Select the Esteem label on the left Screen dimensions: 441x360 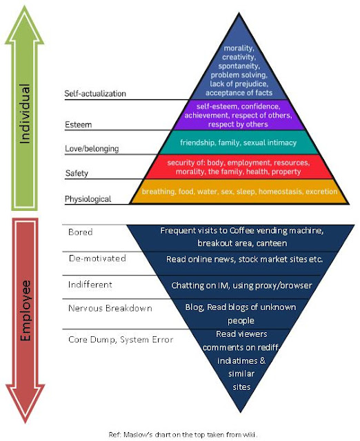click(79, 125)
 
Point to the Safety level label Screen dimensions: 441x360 click(77, 173)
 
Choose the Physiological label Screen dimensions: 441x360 click(88, 199)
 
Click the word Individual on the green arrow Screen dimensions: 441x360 click(26, 114)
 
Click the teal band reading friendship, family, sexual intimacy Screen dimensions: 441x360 click(238, 142)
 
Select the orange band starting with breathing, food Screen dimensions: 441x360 click(238, 192)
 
